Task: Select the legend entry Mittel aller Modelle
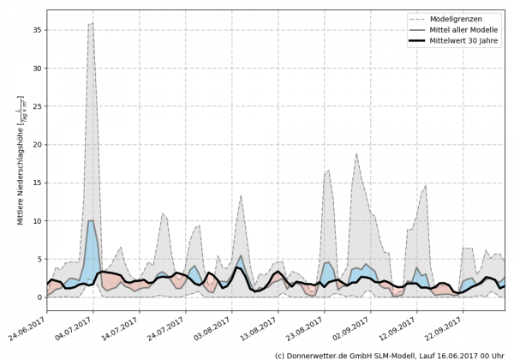pyautogui.click(x=462, y=30)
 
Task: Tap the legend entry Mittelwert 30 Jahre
pyautogui.click(x=462, y=42)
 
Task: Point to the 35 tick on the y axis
pyautogui.click(x=37, y=30)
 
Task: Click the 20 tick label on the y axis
pyautogui.click(x=37, y=145)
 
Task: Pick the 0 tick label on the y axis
pyautogui.click(x=39, y=297)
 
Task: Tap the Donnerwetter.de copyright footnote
pyautogui.click(x=389, y=354)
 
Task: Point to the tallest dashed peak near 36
pyautogui.click(x=92, y=24)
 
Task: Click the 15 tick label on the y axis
pyautogui.click(x=37, y=183)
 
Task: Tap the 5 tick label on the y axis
pyautogui.click(x=39, y=259)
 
